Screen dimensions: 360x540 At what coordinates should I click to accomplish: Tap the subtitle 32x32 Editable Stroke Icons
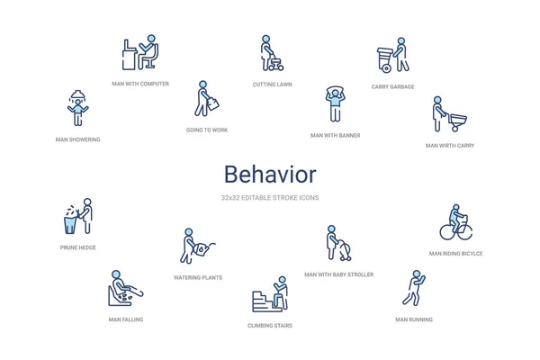pos(270,198)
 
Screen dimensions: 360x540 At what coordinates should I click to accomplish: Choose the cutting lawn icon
pos(272,53)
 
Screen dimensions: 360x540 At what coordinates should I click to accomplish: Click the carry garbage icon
pos(392,56)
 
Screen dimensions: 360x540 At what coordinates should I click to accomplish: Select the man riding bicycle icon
pos(455,222)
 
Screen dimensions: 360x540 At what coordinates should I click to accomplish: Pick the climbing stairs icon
pos(270,294)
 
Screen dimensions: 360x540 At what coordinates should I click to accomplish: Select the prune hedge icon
pos(78,217)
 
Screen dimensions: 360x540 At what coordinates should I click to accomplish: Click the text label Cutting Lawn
pos(272,85)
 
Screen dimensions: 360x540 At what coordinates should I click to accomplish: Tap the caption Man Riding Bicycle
pos(455,254)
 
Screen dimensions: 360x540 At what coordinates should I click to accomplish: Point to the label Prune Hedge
pos(78,247)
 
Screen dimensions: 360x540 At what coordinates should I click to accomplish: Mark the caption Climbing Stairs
pos(270,326)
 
